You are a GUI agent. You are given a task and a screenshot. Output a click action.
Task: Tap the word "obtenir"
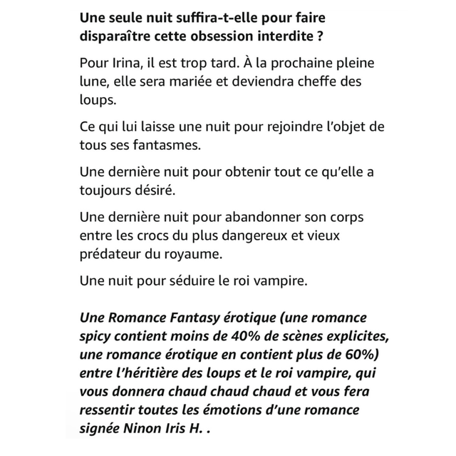[x=224, y=173]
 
